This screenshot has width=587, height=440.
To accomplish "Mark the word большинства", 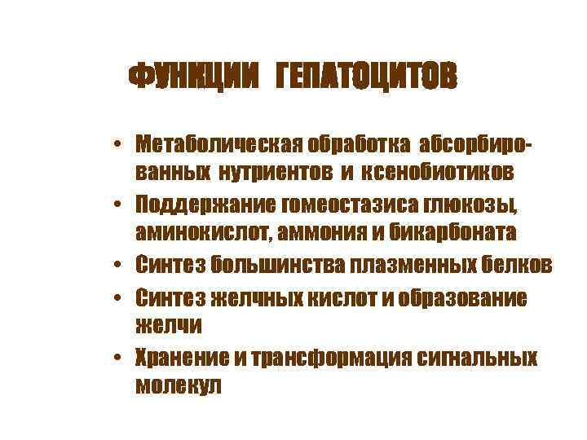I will click(278, 265).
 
